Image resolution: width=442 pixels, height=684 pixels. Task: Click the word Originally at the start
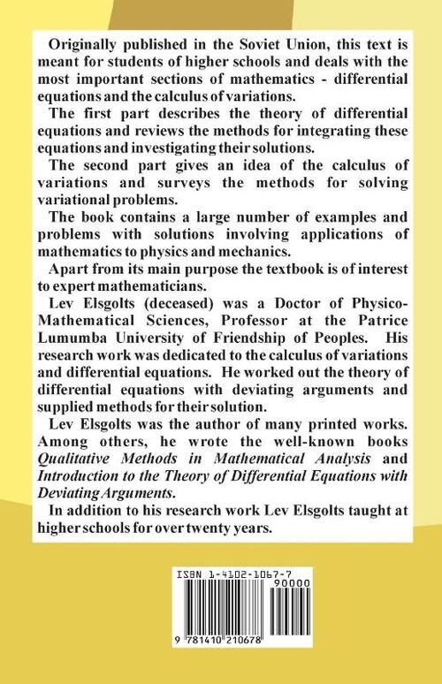click(84, 44)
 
